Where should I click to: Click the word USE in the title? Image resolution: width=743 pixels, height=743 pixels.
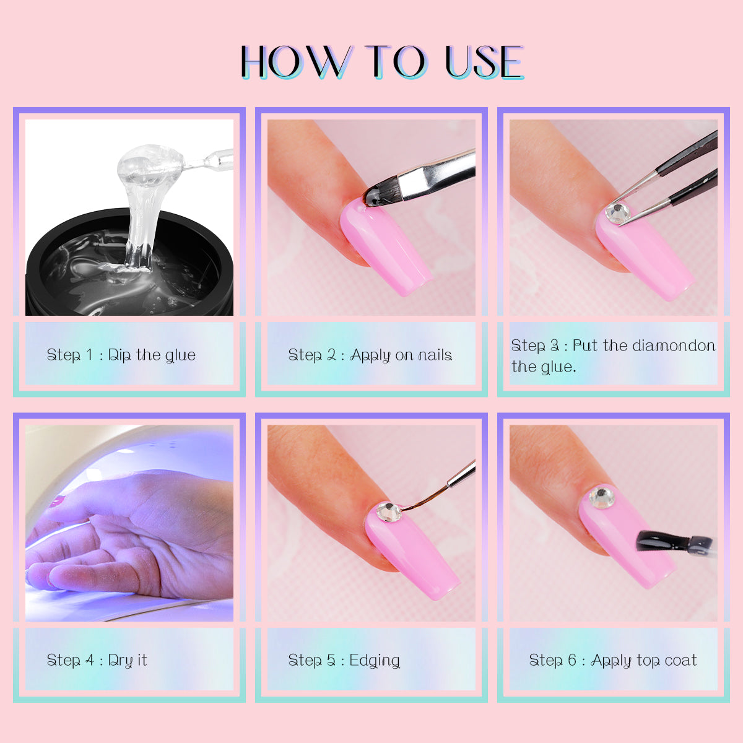click(x=484, y=62)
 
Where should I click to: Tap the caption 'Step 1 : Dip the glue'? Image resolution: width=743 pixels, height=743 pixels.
click(x=121, y=355)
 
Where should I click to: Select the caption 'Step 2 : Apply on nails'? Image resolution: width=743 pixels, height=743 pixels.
click(x=370, y=355)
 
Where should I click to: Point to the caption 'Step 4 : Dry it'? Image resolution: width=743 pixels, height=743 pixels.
click(x=97, y=660)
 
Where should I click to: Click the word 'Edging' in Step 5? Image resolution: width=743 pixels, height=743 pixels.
click(x=375, y=661)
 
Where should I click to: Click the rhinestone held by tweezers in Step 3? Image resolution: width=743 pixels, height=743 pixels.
click(x=617, y=213)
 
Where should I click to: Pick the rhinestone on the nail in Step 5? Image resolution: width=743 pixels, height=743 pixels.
click(x=389, y=512)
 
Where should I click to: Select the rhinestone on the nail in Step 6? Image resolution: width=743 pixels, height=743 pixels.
click(x=601, y=497)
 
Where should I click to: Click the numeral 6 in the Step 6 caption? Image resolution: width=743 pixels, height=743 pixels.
click(x=572, y=660)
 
